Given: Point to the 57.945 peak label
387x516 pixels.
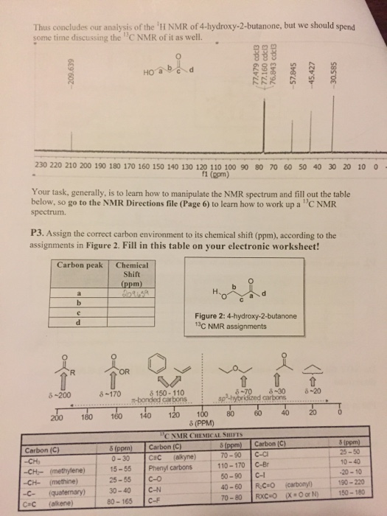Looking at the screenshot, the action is (313, 72).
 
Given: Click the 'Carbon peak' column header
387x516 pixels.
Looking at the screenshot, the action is (81, 265).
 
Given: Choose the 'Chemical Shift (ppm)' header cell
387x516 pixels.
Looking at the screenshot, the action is (133, 274).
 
